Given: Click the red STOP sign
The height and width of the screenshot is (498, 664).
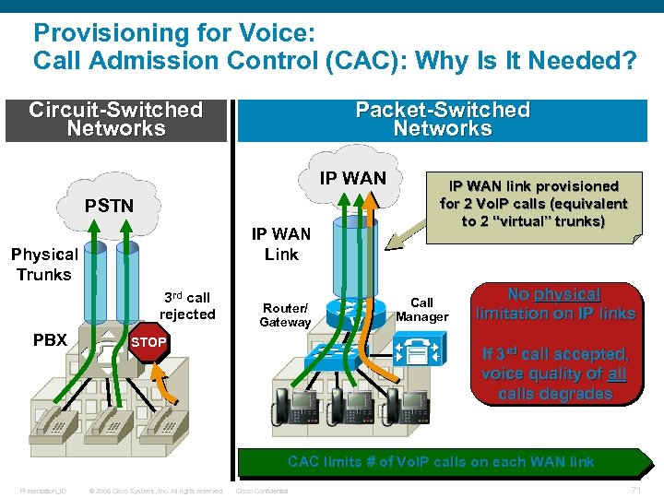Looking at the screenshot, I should [148, 342].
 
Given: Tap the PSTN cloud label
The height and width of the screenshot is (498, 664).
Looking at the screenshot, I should [109, 205].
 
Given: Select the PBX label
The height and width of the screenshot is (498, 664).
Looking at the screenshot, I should [50, 339].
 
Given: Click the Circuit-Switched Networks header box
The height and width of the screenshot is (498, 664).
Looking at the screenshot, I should [116, 119].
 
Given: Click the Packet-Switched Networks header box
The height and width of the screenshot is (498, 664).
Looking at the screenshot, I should [443, 119].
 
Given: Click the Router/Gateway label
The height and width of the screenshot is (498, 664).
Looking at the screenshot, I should [285, 315].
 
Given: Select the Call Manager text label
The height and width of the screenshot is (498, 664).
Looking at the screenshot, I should [421, 310].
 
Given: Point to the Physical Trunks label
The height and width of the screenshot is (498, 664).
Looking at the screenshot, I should [43, 264].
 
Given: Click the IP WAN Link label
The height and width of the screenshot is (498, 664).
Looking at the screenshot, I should [281, 244].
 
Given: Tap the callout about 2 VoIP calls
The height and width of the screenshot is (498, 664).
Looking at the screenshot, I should [533, 204].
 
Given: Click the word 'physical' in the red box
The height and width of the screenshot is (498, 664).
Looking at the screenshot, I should [566, 294].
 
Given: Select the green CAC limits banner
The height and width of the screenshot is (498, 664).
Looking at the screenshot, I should [441, 461].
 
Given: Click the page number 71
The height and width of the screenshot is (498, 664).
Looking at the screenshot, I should [635, 490].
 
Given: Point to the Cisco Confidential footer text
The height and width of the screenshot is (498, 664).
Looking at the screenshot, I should [263, 491].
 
